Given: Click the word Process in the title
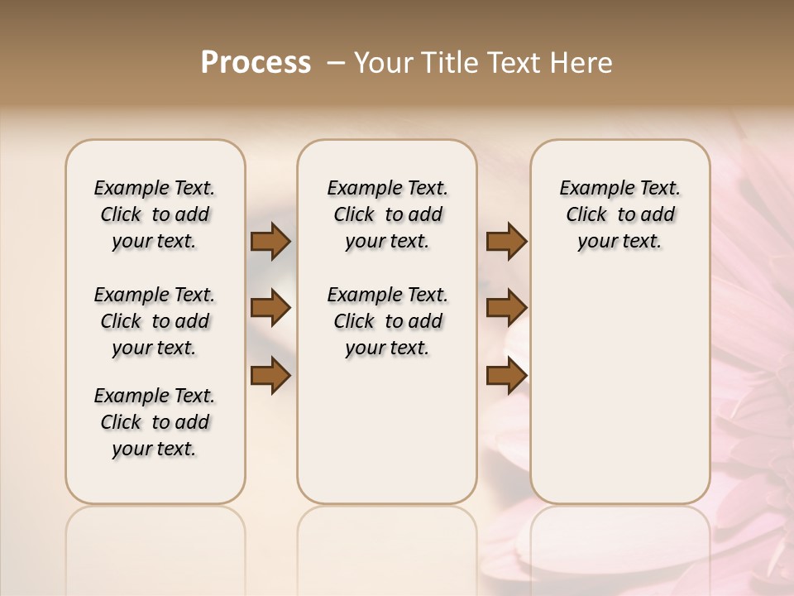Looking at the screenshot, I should [256, 63].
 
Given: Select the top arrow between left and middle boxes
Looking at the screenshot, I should [270, 242].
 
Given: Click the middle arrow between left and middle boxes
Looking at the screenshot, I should [270, 309].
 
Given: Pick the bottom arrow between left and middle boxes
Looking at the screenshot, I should [270, 376].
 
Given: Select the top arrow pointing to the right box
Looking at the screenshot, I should [506, 242].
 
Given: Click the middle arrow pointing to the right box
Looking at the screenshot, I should [506, 309].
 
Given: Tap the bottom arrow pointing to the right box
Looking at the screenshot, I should [506, 376].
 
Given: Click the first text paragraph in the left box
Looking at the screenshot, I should [155, 214].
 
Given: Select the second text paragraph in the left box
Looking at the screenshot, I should [155, 321].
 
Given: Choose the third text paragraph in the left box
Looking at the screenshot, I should [155, 422].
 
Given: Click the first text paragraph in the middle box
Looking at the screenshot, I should [387, 214].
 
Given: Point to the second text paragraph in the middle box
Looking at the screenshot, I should [387, 321].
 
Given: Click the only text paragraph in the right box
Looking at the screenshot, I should [620, 214].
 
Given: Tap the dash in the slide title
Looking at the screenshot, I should [337, 63].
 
